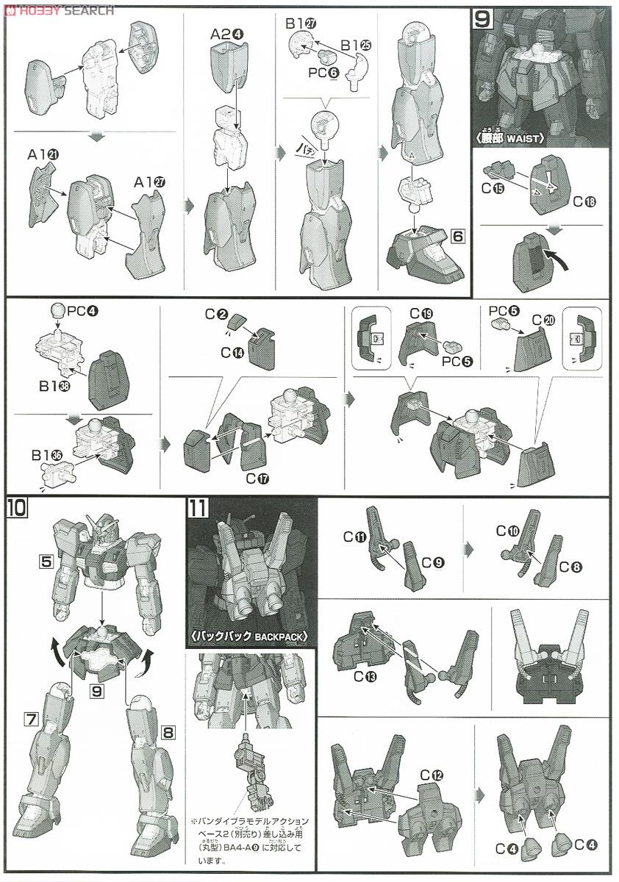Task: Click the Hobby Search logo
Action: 59,10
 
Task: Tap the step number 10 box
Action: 16,507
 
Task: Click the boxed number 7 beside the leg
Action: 30,719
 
